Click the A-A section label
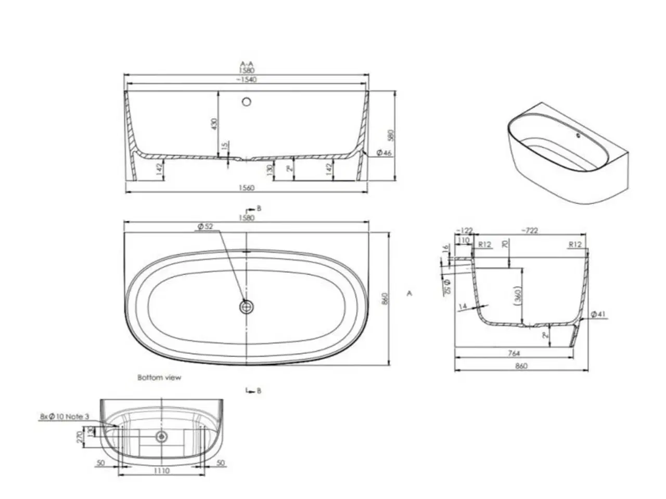pyautogui.click(x=246, y=64)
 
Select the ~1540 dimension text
pyautogui.click(x=246, y=80)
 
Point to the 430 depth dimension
pyautogui.click(x=214, y=124)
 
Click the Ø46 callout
pyautogui.click(x=383, y=153)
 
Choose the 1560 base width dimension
pyautogui.click(x=247, y=188)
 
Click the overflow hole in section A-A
pyautogui.click(x=247, y=101)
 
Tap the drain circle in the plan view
pyautogui.click(x=247, y=307)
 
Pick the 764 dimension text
pyautogui.click(x=514, y=353)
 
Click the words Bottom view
pyautogui.click(x=159, y=377)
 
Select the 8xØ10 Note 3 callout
pyautogui.click(x=65, y=416)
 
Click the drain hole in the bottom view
pyautogui.click(x=161, y=436)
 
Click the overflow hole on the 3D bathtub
pyautogui.click(x=578, y=136)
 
